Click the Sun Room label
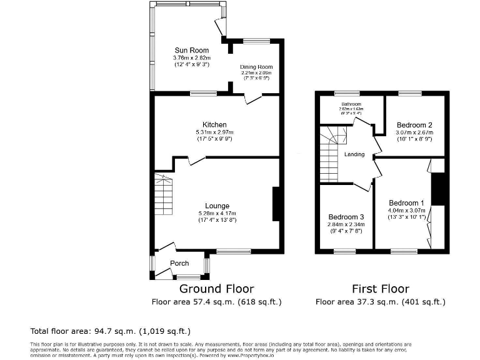click(191, 50)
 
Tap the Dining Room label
click(256, 67)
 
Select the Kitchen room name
click(214, 124)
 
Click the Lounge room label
click(217, 206)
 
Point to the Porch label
click(179, 263)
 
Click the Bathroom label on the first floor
click(351, 104)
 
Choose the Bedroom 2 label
click(414, 125)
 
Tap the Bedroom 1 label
click(406, 203)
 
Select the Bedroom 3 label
click(346, 217)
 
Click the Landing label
click(354, 154)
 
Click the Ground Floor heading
click(216, 289)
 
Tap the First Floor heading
click(380, 289)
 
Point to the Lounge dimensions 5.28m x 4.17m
click(217, 213)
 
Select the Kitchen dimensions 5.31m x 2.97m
click(214, 132)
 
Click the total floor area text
click(111, 331)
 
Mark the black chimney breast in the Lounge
click(276, 204)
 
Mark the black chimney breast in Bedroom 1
click(439, 188)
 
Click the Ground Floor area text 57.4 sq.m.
click(216, 302)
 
